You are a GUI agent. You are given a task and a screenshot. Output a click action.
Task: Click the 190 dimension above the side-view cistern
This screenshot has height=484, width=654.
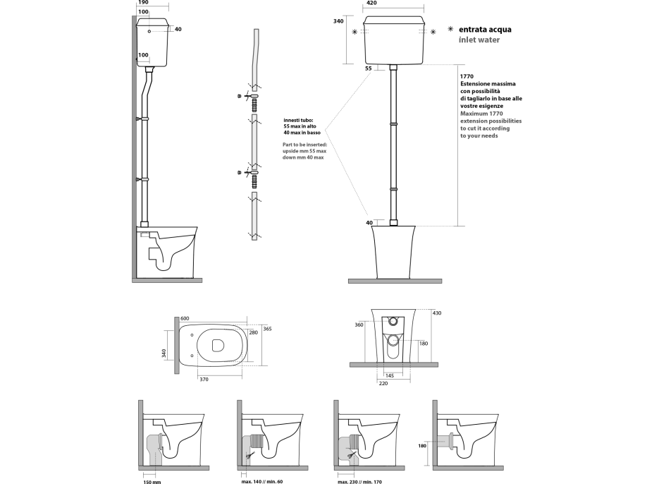[143, 4]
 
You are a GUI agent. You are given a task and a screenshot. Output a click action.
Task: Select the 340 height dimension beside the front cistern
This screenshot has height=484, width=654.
[338, 22]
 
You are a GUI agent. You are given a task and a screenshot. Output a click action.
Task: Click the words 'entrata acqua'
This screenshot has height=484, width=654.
[485, 30]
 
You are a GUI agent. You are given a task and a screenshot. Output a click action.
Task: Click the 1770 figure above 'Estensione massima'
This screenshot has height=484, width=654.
[466, 75]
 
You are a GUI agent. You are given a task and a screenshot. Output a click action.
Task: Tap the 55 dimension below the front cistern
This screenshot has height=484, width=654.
[369, 68]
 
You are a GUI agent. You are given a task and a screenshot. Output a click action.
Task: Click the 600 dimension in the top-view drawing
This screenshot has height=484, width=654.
[185, 318]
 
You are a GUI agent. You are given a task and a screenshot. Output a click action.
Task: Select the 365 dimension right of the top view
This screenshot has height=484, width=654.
[267, 329]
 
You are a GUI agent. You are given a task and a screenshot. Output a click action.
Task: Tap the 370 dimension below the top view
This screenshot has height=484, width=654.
[204, 380]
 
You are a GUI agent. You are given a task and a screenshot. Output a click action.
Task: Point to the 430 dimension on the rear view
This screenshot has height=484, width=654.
[437, 313]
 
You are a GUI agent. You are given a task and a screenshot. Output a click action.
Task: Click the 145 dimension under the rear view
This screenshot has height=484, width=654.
[390, 375]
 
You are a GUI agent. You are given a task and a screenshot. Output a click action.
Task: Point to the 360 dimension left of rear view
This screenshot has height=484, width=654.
[359, 325]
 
